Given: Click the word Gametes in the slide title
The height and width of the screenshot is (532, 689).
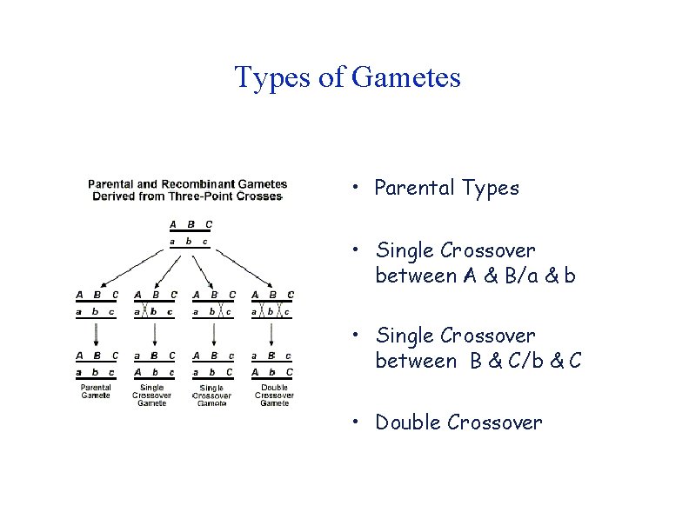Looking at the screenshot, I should (x=407, y=78).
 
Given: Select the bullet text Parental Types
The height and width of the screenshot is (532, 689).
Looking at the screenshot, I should (x=446, y=188).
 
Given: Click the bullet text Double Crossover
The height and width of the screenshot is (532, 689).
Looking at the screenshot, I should (x=458, y=422).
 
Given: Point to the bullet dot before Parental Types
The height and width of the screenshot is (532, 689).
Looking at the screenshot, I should (x=357, y=189).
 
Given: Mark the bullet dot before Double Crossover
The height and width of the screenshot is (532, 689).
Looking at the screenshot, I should (x=357, y=423).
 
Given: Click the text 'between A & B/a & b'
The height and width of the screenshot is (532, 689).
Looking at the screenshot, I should (x=475, y=276).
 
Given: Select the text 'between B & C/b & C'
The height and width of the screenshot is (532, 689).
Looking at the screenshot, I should (x=478, y=361).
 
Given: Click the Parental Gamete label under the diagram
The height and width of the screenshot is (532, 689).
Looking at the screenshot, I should (x=96, y=391).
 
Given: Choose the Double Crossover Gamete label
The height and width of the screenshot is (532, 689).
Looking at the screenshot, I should (x=274, y=395).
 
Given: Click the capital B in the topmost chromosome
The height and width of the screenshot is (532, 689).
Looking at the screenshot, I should (x=190, y=224).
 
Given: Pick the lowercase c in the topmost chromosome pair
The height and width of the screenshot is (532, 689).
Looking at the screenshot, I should (x=205, y=241).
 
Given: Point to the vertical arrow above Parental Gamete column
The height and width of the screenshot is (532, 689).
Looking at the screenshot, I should (x=96, y=333).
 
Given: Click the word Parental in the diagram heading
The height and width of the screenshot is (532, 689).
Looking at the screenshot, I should (x=110, y=183).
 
